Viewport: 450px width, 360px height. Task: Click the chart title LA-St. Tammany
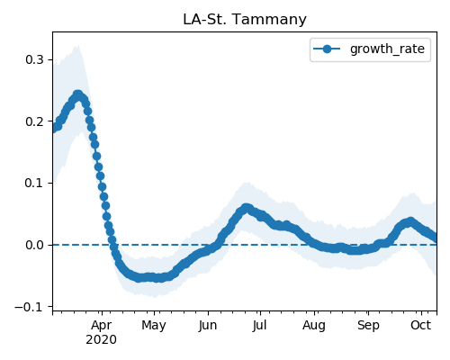click(245, 20)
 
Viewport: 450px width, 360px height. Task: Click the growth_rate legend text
click(387, 49)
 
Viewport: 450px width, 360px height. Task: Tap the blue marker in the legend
click(327, 49)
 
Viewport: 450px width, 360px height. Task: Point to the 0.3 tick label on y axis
click(34, 59)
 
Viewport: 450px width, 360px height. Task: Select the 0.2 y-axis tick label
click(34, 121)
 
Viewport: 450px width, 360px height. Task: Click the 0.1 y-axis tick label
click(34, 183)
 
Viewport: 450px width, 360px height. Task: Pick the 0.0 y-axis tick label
click(34, 245)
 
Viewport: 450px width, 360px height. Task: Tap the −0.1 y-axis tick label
click(29, 307)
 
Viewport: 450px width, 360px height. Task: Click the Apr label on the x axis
click(102, 326)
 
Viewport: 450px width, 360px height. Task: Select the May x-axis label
click(154, 326)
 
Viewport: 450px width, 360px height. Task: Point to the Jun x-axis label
click(208, 325)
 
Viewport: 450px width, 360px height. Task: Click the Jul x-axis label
click(259, 325)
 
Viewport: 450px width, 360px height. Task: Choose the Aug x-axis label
click(314, 326)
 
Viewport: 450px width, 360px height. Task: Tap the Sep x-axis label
click(368, 326)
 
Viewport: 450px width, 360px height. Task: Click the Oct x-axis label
click(421, 325)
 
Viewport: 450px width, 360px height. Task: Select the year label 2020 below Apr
click(102, 340)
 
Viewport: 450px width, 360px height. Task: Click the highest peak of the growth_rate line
click(77, 94)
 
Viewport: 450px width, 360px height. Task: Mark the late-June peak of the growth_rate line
click(247, 207)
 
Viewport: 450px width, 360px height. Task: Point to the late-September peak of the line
click(410, 221)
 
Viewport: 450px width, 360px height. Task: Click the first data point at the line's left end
click(54, 129)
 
